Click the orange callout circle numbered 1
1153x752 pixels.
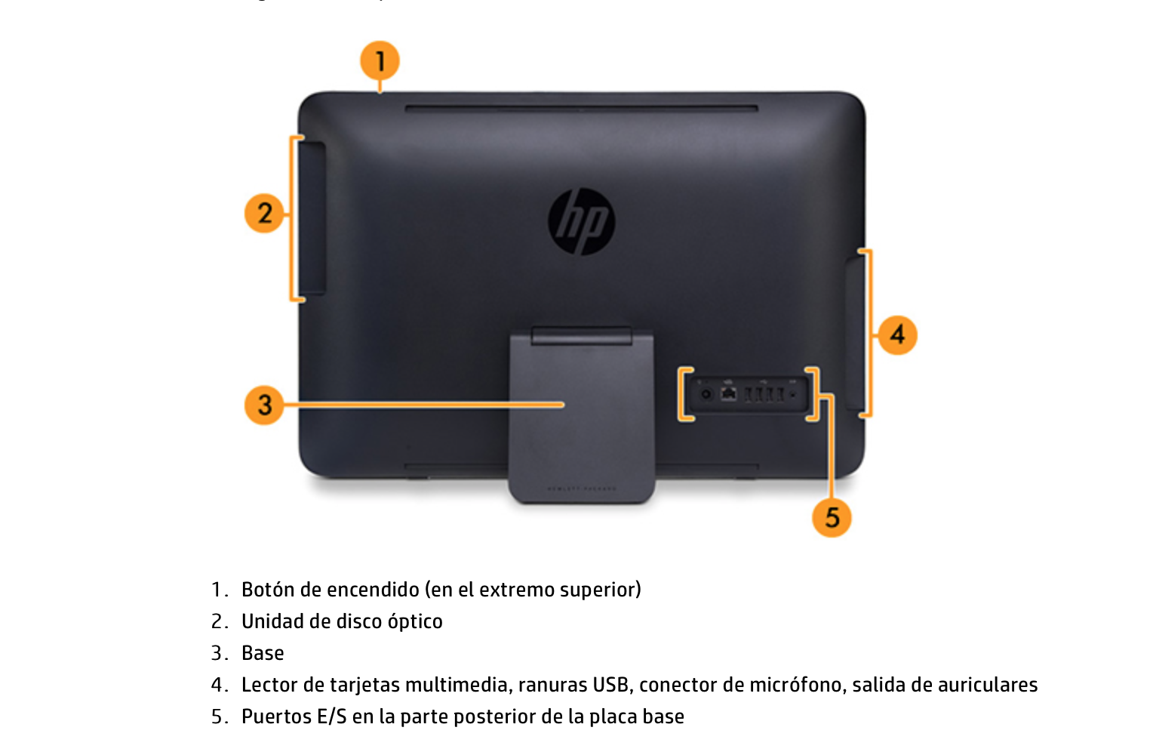[380, 60]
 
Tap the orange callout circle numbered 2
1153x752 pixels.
[264, 213]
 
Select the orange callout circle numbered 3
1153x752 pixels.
[264, 405]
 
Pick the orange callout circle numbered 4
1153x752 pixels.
[897, 334]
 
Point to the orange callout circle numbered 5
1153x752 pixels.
[832, 518]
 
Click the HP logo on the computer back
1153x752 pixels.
[581, 222]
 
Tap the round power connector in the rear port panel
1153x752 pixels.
[706, 394]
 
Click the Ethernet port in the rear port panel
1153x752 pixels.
[728, 394]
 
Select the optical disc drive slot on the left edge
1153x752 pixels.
[312, 217]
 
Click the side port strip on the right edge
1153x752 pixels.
[853, 332]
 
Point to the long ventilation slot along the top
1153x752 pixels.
[581, 109]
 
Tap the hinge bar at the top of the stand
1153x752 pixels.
[581, 335]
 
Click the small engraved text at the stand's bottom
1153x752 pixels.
[581, 488]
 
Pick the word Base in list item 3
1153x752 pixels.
[263, 653]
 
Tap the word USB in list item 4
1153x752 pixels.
[610, 685]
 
